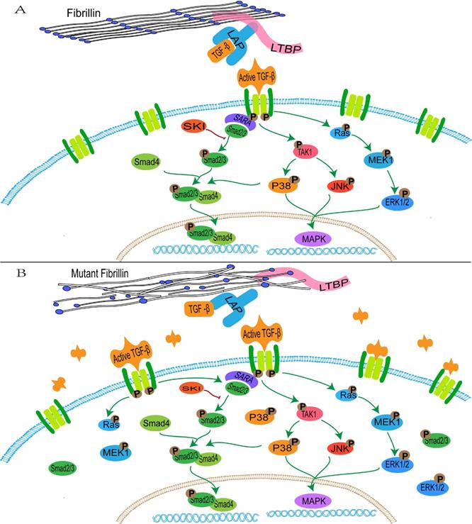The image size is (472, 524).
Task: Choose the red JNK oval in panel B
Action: click(342, 447)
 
